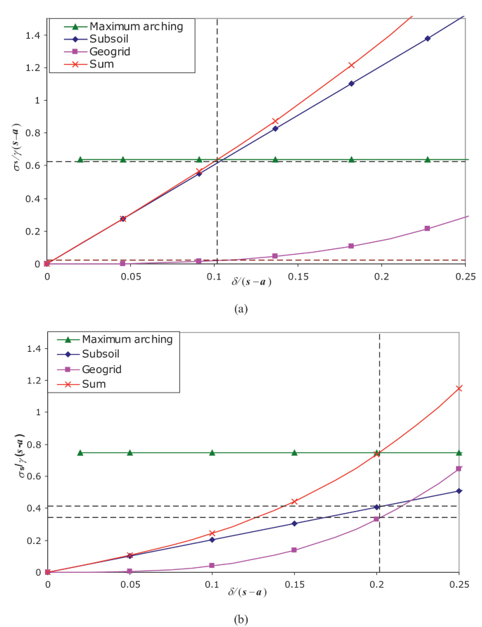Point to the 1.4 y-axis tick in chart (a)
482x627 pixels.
point(32,34)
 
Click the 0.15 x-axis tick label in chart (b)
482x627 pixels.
point(295,583)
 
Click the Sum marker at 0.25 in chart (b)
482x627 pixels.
point(459,388)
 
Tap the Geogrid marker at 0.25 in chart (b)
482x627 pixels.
point(459,469)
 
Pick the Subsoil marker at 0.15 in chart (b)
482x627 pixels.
point(295,524)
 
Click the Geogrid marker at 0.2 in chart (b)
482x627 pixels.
point(377,519)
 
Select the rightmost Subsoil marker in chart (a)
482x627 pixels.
point(427,38)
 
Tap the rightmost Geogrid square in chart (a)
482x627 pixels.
point(427,229)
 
